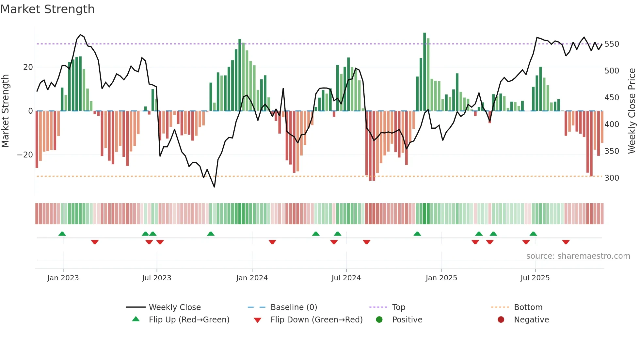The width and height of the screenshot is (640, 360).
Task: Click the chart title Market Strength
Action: point(47,9)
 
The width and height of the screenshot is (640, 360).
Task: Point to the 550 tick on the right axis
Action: point(612,44)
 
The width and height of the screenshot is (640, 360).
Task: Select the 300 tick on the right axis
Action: point(612,178)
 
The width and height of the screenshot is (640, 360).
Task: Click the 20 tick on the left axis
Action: point(28,67)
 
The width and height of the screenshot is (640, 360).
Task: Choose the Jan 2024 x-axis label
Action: point(252,278)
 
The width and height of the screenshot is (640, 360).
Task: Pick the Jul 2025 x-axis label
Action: point(535,278)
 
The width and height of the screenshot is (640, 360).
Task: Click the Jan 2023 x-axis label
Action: point(63,278)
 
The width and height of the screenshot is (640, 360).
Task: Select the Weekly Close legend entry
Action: point(175,307)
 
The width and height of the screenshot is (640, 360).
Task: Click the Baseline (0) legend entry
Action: point(294,307)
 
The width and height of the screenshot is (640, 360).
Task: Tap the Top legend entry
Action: point(398,307)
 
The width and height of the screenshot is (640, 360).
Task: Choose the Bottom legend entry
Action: point(528,307)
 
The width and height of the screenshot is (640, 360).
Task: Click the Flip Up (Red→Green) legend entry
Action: point(189,320)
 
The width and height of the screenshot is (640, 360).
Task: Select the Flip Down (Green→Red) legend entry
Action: point(316,320)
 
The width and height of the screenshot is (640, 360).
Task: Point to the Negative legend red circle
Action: point(501,320)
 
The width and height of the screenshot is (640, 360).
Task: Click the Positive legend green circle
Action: point(379,320)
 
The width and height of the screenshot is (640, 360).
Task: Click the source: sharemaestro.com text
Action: point(578,256)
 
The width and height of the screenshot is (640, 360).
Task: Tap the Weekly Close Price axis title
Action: point(632,111)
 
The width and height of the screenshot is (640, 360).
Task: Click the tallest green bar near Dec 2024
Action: point(424,72)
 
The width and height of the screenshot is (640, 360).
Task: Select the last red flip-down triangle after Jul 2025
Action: point(566,242)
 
